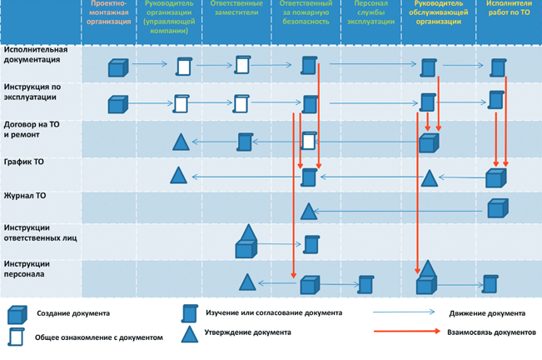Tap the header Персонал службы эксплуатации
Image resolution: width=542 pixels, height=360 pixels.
(369, 17)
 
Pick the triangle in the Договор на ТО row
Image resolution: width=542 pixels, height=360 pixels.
(181, 142)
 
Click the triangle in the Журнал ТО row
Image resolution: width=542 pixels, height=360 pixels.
(308, 211)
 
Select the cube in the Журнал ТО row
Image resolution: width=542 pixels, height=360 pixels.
(496, 207)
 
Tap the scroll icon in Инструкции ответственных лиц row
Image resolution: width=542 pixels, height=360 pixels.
(311, 244)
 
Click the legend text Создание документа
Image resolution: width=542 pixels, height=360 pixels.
(72, 314)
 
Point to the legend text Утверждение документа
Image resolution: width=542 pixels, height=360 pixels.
(248, 332)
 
